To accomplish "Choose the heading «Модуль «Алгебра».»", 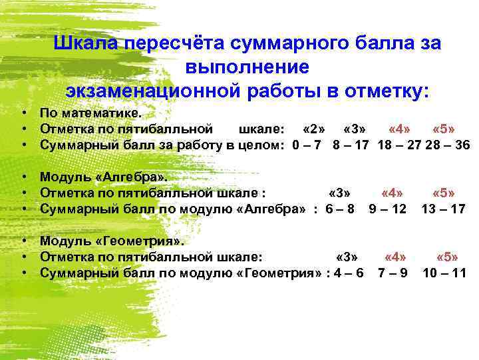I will click(105, 177).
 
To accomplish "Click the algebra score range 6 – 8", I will click(339, 209).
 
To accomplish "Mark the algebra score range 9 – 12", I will click(388, 209).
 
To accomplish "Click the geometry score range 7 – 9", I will click(393, 273).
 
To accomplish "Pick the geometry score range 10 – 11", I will click(445, 273).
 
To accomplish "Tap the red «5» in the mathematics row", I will click(444, 127).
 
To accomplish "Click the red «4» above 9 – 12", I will click(392, 193).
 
